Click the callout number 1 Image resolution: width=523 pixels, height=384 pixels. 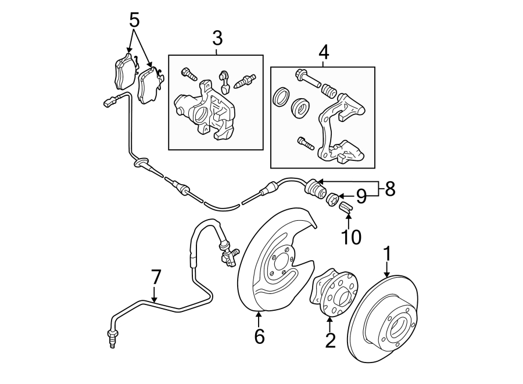(387, 254)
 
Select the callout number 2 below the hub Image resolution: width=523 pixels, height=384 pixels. (330, 340)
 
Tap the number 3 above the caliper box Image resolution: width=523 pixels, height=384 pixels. (217, 39)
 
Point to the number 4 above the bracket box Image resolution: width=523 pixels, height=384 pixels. (324, 52)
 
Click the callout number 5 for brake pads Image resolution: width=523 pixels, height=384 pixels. (134, 21)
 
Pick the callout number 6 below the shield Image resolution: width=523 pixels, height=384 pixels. (259, 335)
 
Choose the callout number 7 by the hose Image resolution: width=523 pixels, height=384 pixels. (155, 277)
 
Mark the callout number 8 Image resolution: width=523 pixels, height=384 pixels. (389, 189)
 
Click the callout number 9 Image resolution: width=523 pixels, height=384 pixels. (361, 198)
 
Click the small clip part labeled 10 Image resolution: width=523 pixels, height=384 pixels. (346, 207)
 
